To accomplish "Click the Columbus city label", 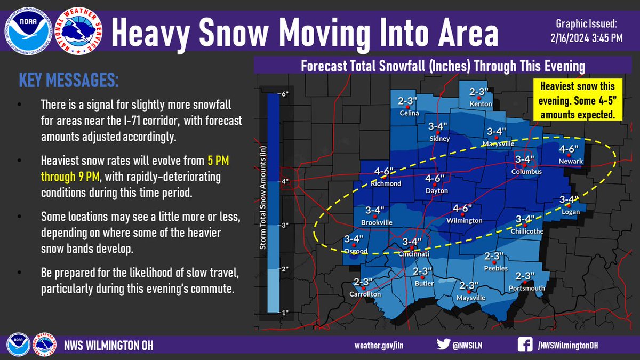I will (526, 172).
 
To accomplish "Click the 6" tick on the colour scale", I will (284, 94).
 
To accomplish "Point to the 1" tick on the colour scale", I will (284, 313).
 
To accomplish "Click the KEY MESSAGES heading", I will (69, 81).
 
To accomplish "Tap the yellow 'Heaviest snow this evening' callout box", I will (577, 100).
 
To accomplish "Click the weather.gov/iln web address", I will (379, 346).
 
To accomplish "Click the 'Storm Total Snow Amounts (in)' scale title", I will (263, 203).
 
